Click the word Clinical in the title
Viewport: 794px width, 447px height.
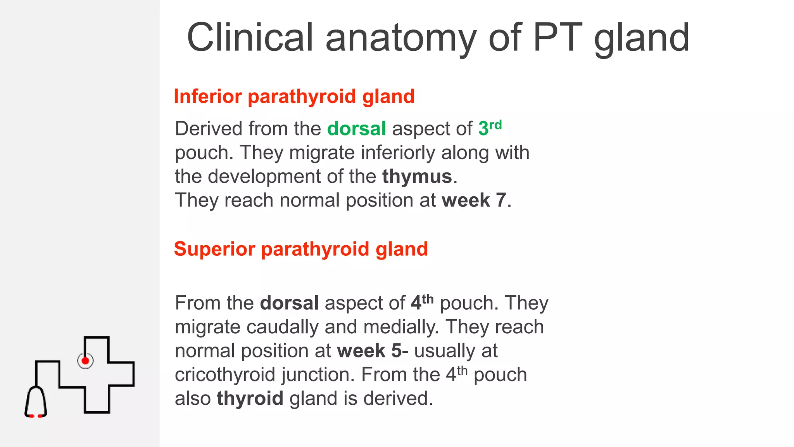click(x=250, y=38)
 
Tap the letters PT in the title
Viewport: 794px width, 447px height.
click(x=558, y=38)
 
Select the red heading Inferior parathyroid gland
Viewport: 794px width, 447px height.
click(x=294, y=96)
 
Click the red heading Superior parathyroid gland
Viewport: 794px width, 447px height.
click(x=301, y=249)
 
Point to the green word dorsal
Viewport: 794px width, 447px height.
click(x=356, y=128)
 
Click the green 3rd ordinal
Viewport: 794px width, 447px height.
click(x=490, y=128)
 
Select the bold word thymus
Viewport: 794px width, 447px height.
click(x=417, y=177)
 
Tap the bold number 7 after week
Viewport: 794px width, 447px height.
click(x=501, y=201)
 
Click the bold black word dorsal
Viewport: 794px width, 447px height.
click(x=289, y=303)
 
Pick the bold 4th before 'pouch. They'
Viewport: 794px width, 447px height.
click(x=422, y=302)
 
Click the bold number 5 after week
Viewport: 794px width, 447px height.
click(x=397, y=351)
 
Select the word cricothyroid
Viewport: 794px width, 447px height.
click(x=225, y=375)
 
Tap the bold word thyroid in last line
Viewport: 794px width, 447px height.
click(x=250, y=398)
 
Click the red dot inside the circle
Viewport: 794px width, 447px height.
click(x=85, y=361)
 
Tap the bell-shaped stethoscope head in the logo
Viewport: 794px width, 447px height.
click(x=36, y=402)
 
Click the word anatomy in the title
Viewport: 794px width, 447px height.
click(x=400, y=38)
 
